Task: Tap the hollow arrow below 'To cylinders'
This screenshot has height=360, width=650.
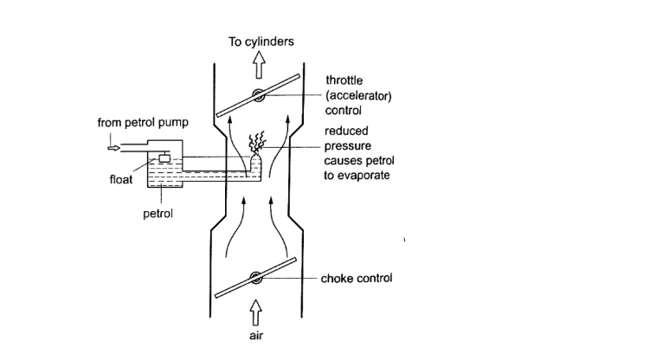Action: (256, 65)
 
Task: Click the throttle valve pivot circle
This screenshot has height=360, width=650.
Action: (256, 96)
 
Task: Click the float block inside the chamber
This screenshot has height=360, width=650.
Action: (163, 157)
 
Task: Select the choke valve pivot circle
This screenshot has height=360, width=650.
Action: (256, 279)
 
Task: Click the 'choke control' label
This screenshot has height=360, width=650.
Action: (357, 279)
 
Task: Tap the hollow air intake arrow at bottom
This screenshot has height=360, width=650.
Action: (255, 309)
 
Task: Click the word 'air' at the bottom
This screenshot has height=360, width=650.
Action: (255, 337)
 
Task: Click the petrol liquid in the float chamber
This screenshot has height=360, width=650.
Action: (173, 177)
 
